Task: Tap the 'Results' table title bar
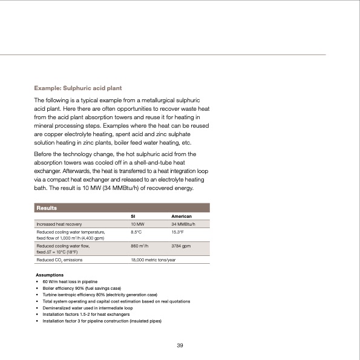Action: tap(47, 208)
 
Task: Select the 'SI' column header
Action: tap(134, 216)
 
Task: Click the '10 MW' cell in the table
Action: tap(138, 224)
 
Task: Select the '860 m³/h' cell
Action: tap(140, 246)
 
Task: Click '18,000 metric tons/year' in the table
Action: tap(157, 259)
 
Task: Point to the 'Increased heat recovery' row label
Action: tap(59, 224)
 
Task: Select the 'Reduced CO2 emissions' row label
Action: tap(60, 259)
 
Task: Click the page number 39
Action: tap(180, 345)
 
